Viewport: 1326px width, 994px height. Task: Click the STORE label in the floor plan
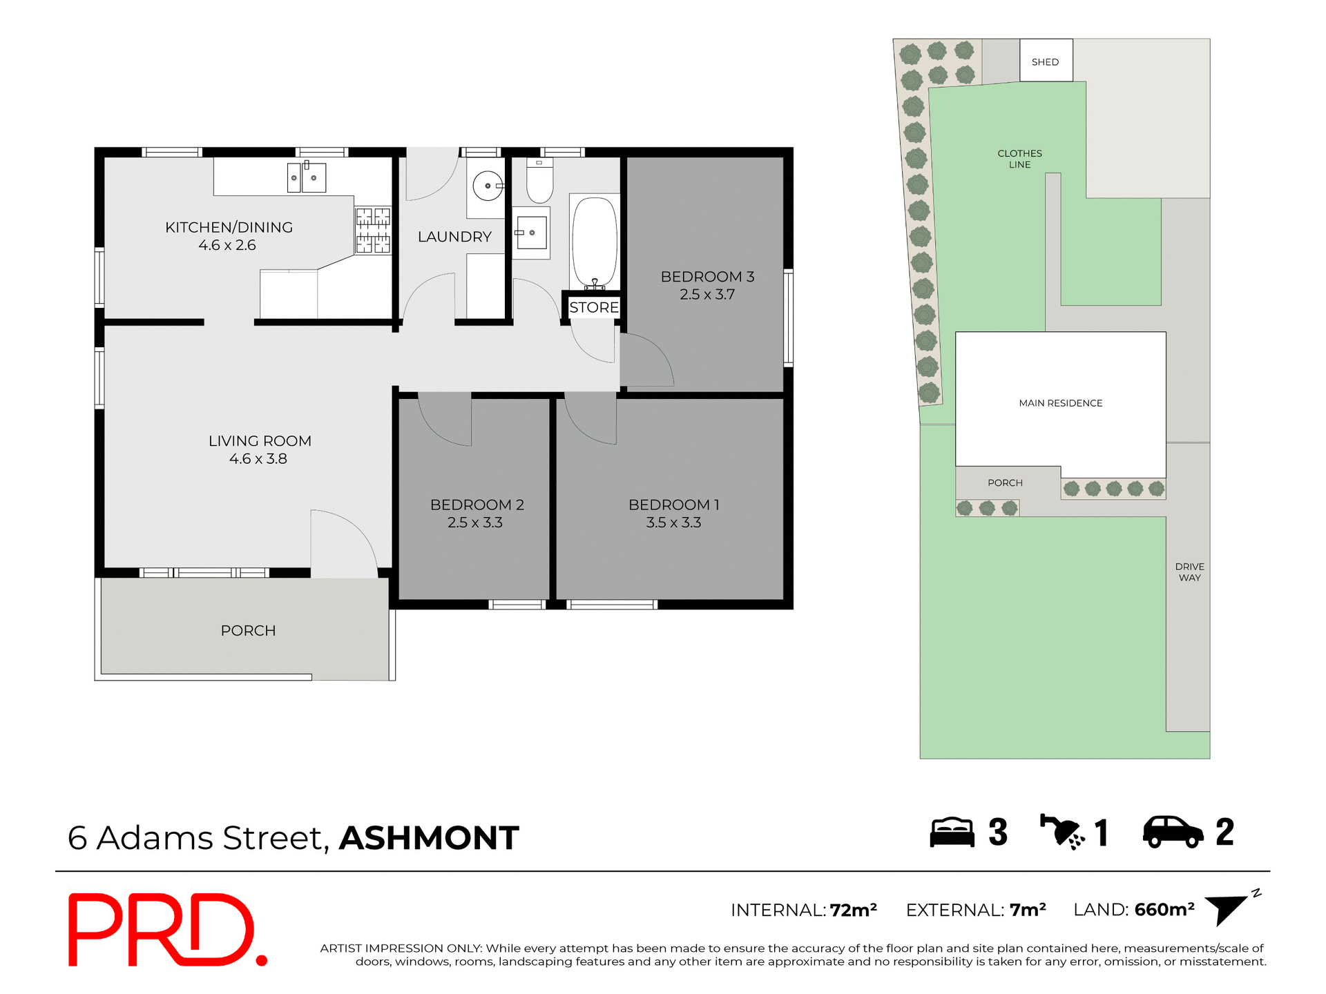594,307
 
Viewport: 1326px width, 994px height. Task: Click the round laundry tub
488,186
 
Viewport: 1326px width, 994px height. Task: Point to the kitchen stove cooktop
373,230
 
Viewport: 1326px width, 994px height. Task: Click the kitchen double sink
306,178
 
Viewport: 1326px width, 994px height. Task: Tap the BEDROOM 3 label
707,277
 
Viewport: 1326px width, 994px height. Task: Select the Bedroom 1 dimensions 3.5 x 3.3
673,523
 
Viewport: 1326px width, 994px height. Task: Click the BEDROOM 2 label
477,505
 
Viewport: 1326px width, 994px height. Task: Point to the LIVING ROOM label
260,441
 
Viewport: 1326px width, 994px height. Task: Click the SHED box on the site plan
1046,61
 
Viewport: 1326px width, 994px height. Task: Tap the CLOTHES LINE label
1019,159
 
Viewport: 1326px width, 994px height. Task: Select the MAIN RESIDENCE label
1060,403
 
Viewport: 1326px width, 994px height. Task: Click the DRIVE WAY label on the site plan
1189,572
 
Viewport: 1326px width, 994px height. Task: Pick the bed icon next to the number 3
952,832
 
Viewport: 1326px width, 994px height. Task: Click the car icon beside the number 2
1173,832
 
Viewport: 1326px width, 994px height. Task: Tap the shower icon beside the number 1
1061,832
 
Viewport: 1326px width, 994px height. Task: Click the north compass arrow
1228,909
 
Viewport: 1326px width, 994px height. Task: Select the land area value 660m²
1164,910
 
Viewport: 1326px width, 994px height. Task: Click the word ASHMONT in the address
429,838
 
